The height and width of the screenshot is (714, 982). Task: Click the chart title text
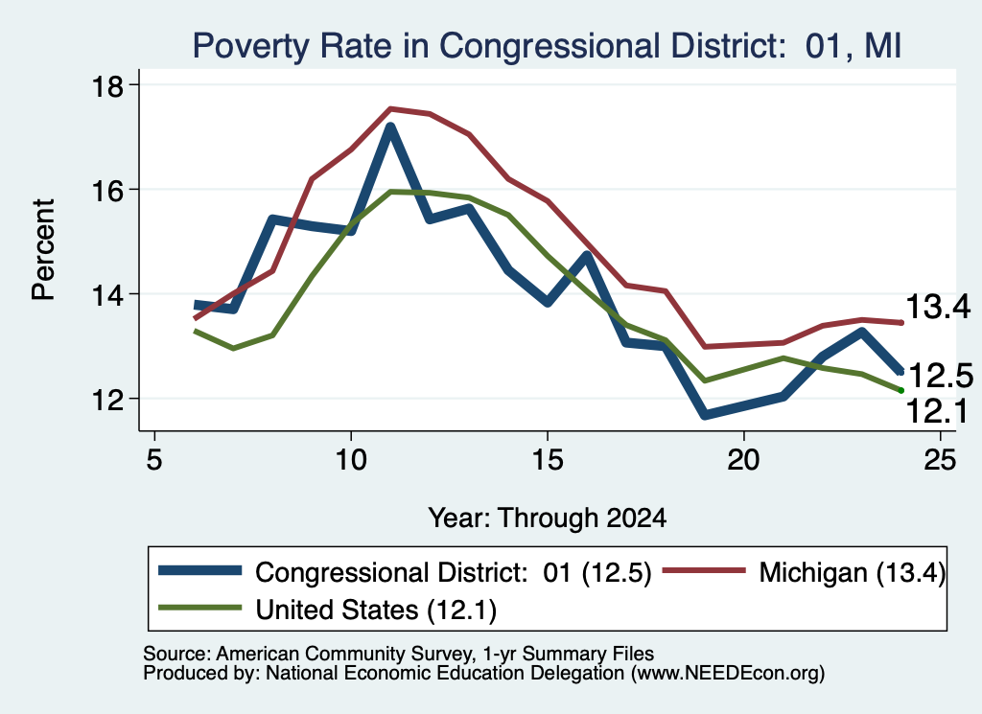[x=547, y=46]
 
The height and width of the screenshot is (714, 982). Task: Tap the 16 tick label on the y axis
[x=107, y=190]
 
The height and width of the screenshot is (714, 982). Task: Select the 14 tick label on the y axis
[x=107, y=294]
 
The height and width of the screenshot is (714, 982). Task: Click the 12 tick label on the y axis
[x=107, y=399]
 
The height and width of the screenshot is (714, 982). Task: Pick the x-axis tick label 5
[x=154, y=460]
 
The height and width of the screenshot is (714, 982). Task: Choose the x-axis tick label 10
[x=351, y=460]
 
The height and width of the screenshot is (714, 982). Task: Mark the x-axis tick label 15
[x=548, y=460]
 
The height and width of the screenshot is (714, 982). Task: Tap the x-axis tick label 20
[x=743, y=460]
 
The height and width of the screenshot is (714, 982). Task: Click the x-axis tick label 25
[x=940, y=460]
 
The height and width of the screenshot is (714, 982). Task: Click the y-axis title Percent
[x=43, y=250]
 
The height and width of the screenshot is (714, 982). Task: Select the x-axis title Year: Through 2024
[x=548, y=518]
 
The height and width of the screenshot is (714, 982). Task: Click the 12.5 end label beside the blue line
[x=940, y=376]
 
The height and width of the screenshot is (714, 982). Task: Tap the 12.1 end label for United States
[x=937, y=412]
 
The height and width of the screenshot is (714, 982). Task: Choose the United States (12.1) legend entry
[x=328, y=610]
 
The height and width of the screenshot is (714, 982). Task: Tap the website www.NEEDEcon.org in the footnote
[x=728, y=674]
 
